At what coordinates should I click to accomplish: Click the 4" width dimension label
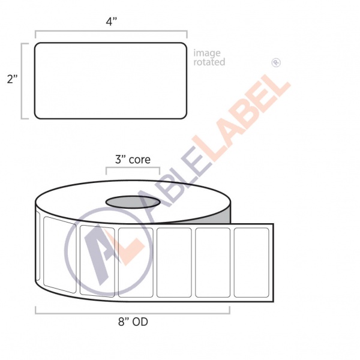pyautogui.click(x=111, y=22)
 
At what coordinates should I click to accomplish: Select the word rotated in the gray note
pyautogui.click(x=209, y=62)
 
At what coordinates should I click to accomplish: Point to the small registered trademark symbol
pyautogui.click(x=277, y=62)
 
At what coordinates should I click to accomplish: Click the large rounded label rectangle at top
pyautogui.click(x=111, y=80)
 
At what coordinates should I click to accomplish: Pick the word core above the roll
pyautogui.click(x=139, y=160)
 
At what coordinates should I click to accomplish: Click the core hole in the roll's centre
pyautogui.click(x=133, y=202)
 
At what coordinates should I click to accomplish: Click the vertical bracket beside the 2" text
pyautogui.click(x=23, y=80)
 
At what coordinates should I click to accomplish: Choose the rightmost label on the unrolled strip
pyautogui.click(x=252, y=262)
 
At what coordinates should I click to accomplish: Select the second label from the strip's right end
pyautogui.click(x=213, y=262)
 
